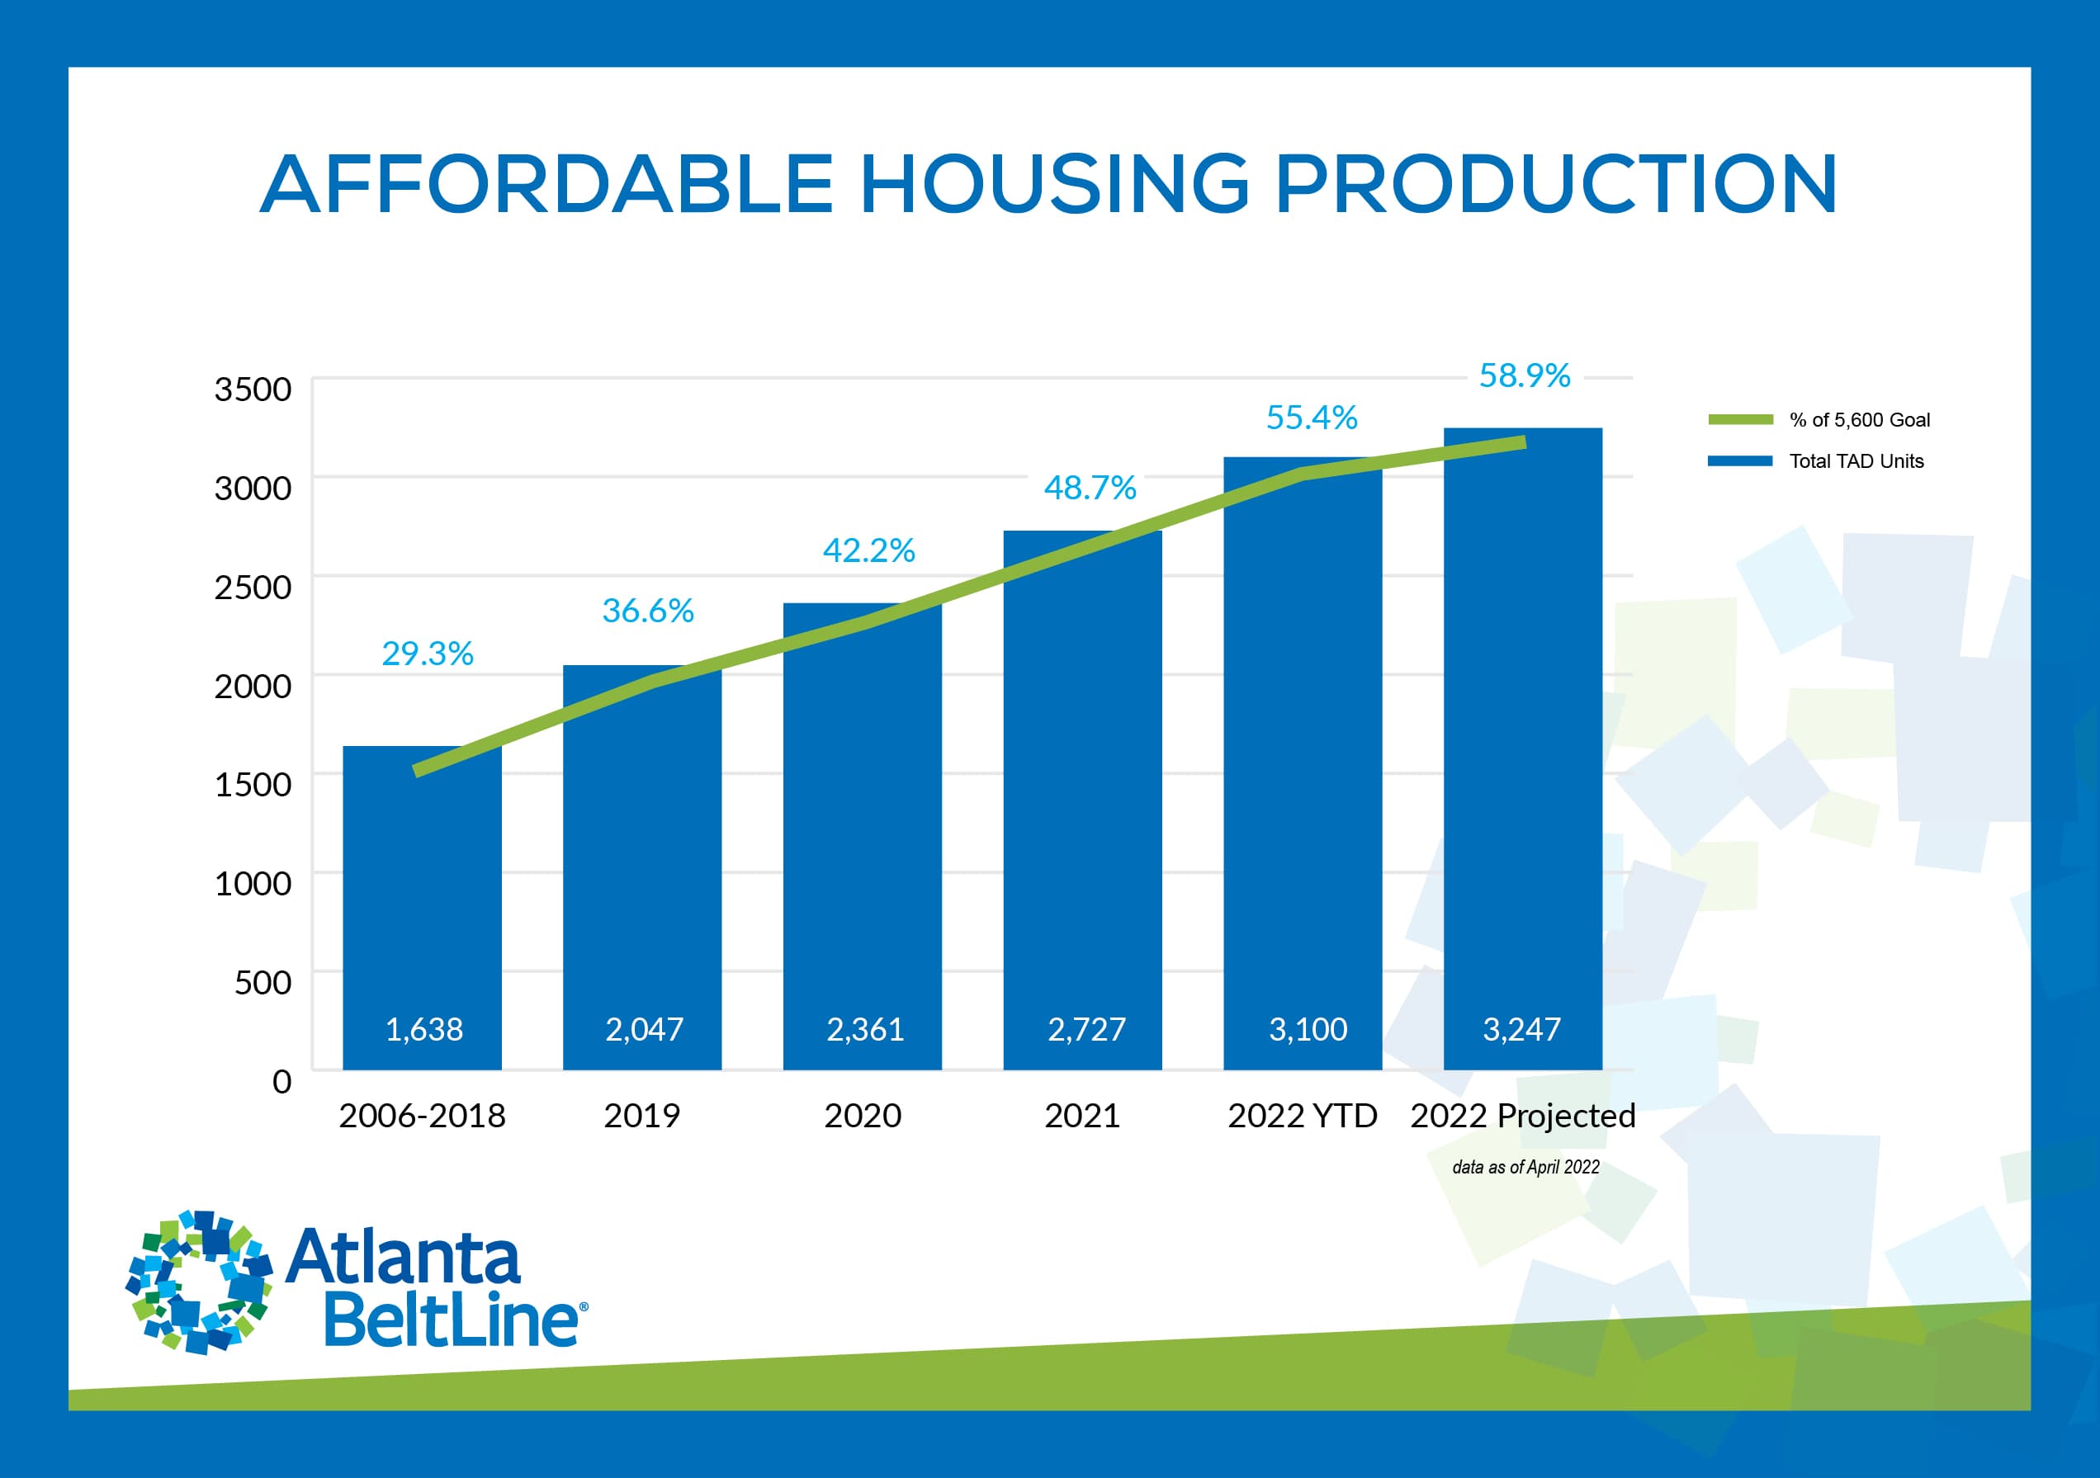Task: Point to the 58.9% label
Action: click(1525, 375)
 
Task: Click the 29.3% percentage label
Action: click(427, 653)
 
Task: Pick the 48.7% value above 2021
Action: click(1090, 488)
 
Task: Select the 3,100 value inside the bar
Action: click(1308, 1029)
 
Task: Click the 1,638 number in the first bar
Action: click(423, 1029)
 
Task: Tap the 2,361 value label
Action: click(864, 1029)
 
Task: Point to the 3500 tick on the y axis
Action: click(253, 389)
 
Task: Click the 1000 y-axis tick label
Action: click(253, 883)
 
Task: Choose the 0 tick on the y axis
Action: click(281, 1081)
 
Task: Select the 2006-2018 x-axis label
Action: click(422, 1115)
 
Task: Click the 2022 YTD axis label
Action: click(1302, 1115)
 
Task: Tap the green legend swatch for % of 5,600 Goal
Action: click(1739, 420)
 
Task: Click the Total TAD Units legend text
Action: click(1856, 461)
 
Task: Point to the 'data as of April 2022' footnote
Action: click(1525, 1167)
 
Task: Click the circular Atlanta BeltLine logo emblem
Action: click(198, 1282)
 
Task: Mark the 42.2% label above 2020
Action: click(868, 550)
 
